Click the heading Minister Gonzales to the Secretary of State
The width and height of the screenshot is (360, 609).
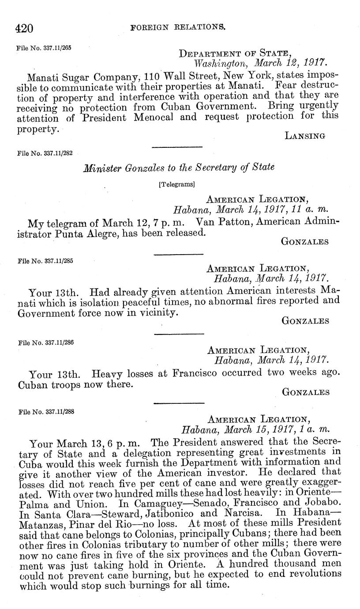pyautogui.click(x=179, y=167)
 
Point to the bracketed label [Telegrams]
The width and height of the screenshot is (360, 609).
pyautogui.click(x=176, y=184)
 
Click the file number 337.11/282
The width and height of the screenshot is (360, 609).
pyautogui.click(x=45, y=154)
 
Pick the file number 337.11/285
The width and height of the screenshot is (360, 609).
pyautogui.click(x=45, y=261)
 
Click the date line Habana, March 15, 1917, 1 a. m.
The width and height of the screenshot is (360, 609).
pyautogui.click(x=256, y=429)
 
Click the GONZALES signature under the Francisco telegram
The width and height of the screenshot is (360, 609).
pyautogui.click(x=305, y=392)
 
